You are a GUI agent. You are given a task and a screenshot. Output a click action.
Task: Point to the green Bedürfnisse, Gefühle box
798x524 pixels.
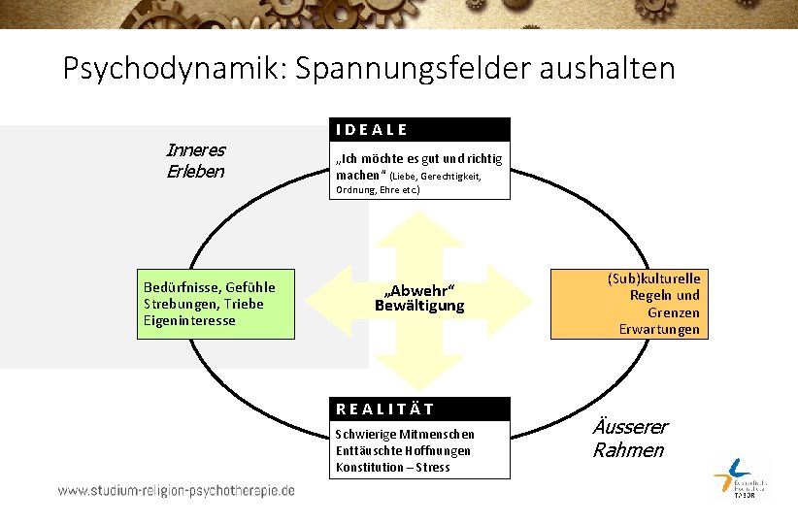[x=214, y=304]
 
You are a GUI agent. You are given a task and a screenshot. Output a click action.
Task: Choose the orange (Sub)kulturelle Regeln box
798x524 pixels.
[x=626, y=303]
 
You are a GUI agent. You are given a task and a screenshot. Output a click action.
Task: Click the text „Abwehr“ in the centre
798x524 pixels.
[x=419, y=291]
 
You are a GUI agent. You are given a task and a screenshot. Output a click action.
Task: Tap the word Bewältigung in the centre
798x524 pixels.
[x=419, y=307]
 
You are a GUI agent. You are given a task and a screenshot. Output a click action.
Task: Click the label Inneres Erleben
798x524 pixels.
[x=196, y=161]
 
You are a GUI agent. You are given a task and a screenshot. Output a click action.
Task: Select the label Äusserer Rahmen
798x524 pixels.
[x=629, y=439]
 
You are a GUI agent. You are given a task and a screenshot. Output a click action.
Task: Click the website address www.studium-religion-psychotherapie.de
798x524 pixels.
[x=176, y=491]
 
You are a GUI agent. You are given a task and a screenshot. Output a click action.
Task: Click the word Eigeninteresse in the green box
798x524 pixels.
[x=189, y=321]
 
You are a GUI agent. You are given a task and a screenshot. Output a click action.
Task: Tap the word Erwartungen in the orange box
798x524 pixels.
[x=659, y=330]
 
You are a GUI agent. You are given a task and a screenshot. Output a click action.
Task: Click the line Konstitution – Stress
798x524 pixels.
[x=392, y=468]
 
